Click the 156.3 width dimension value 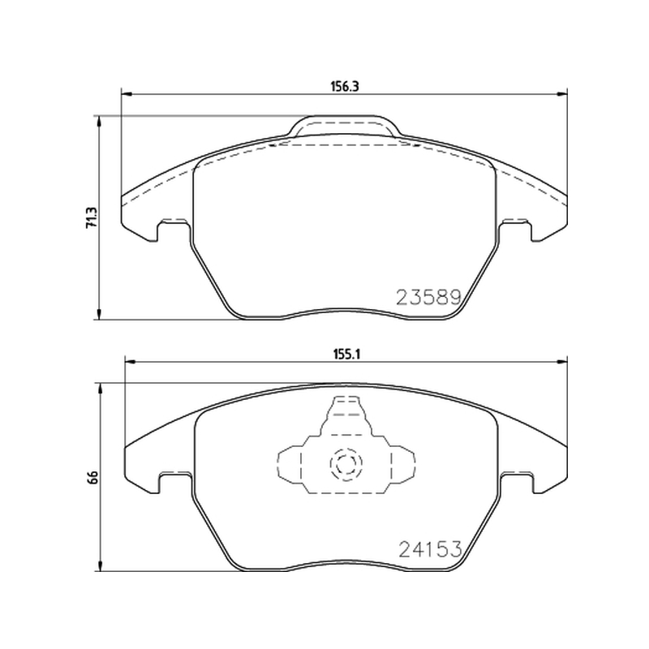(x=344, y=87)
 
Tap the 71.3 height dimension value (x=91, y=217)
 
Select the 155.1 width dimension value (x=348, y=355)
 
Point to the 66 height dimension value (x=93, y=477)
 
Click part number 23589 (x=429, y=297)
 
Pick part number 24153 (x=430, y=549)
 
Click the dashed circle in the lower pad (x=346, y=464)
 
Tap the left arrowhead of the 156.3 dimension (x=127, y=95)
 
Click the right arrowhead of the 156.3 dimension (x=562, y=95)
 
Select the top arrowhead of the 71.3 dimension (x=98, y=121)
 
